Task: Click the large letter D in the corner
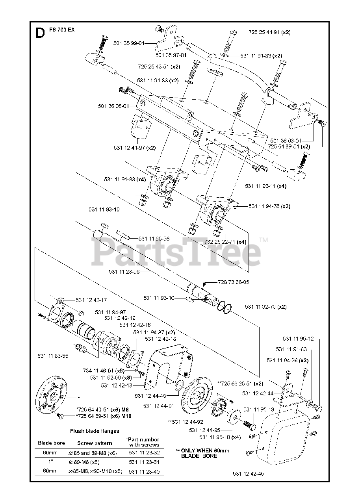40,33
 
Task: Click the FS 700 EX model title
62,30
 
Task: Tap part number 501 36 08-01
113,106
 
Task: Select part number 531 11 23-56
124,271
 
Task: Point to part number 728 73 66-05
233,282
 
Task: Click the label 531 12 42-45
248,474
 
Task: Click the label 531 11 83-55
53,356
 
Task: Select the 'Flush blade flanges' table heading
95,431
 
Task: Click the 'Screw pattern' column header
95,443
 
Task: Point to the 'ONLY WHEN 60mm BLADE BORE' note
202,453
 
